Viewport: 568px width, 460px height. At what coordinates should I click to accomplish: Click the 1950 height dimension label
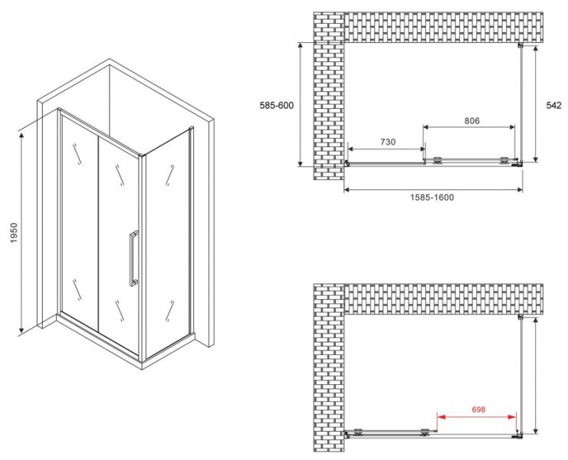pos(13,232)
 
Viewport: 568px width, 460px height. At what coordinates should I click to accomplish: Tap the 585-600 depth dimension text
pos(277,105)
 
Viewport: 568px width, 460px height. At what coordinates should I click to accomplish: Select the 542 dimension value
pos(554,105)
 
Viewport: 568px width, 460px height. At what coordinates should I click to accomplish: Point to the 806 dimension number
pos(472,120)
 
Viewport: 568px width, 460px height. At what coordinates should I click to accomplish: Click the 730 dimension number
pos(388,142)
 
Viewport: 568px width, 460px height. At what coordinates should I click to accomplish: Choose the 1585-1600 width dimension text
pos(432,197)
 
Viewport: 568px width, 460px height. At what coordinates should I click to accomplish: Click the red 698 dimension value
pos(478,409)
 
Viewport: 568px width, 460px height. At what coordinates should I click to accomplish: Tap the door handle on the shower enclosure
pos(133,258)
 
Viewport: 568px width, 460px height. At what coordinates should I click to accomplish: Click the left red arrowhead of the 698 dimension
pos(441,417)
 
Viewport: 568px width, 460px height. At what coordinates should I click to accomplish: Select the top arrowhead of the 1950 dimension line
pos(21,136)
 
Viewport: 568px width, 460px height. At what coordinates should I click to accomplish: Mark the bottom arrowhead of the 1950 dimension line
pos(21,329)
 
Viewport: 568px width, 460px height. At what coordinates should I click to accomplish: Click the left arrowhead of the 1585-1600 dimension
pos(346,189)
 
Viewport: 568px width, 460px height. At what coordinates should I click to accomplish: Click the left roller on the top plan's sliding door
pos(438,160)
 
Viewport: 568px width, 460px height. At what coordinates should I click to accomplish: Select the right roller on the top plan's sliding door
pos(504,160)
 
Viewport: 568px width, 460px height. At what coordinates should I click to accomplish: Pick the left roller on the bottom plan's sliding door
pos(358,432)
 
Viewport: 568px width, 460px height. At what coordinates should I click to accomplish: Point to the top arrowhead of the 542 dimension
pos(535,48)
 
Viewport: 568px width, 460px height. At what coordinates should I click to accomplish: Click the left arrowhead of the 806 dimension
pos(426,127)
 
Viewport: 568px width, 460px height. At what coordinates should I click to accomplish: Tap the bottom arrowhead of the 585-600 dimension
pos(300,163)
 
